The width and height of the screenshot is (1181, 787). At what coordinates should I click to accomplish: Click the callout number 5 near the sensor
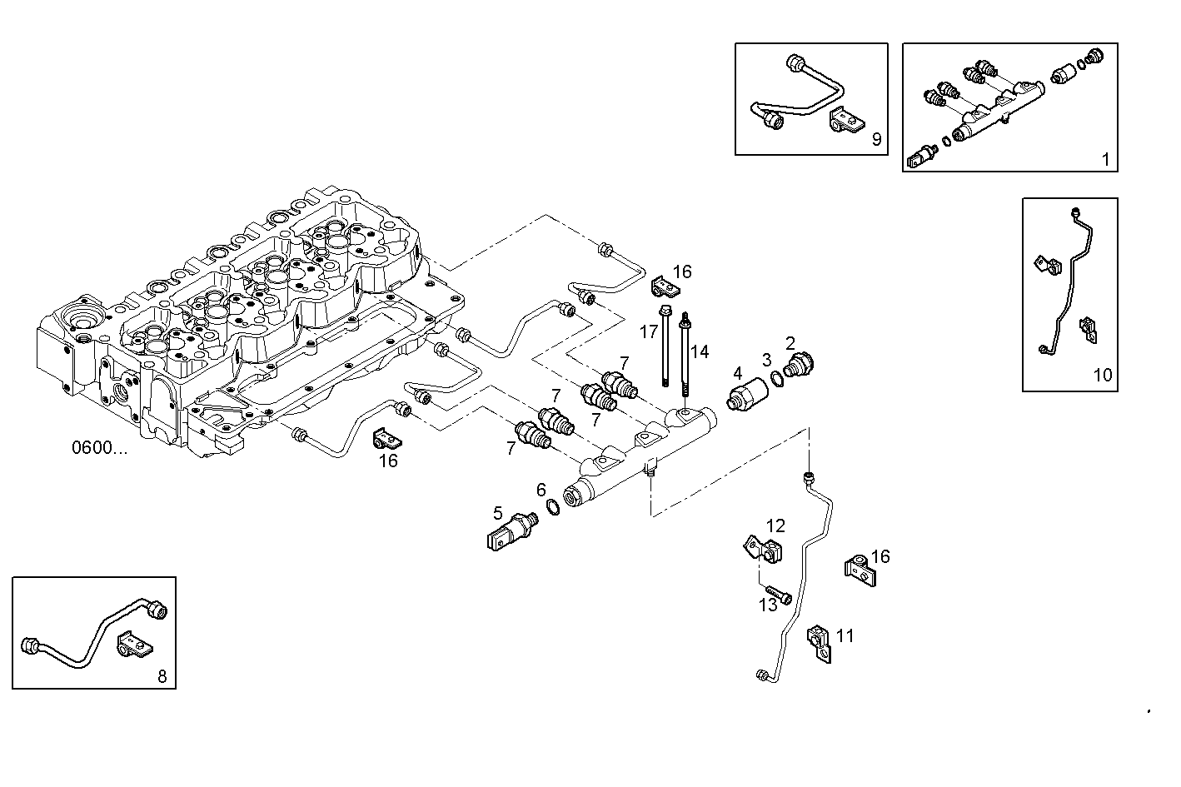(x=498, y=512)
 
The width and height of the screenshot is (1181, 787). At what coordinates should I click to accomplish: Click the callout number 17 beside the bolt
(x=649, y=332)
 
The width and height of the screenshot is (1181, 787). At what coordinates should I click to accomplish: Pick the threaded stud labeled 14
(x=685, y=358)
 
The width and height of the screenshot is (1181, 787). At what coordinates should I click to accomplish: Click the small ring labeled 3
(x=775, y=379)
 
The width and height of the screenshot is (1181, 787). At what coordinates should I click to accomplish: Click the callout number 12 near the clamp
(x=775, y=525)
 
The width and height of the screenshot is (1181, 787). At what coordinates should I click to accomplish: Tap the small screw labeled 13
(x=780, y=594)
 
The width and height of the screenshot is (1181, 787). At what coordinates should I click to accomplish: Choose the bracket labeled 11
(x=819, y=643)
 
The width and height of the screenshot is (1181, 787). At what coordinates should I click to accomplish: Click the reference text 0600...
(x=99, y=448)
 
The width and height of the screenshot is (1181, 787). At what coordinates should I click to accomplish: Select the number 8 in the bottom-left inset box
(x=162, y=676)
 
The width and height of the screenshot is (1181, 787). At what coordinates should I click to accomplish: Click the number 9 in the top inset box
(x=876, y=139)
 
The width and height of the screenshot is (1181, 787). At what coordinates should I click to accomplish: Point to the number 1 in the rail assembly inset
(x=1105, y=159)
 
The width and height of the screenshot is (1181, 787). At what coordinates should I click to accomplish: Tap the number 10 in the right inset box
(x=1102, y=375)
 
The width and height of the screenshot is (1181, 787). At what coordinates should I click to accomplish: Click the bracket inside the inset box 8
(x=134, y=643)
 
